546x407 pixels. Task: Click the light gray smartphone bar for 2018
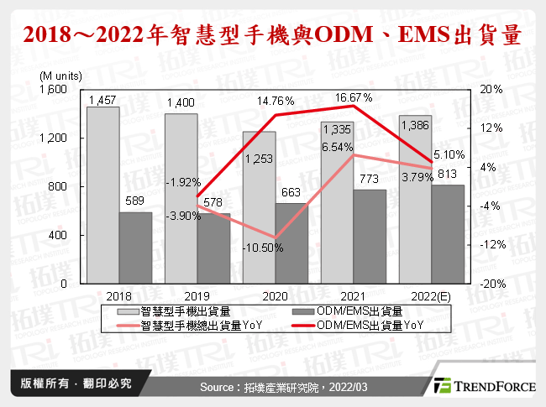[102, 195]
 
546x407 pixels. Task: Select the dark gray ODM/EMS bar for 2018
[135, 248]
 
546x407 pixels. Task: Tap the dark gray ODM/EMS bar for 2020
[291, 243]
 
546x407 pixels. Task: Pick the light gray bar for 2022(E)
[415, 199]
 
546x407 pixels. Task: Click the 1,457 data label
[102, 100]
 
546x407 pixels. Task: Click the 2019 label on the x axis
[197, 296]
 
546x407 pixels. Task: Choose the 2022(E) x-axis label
[431, 296]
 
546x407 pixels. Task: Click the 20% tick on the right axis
[491, 89]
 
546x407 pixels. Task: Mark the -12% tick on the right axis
[491, 245]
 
